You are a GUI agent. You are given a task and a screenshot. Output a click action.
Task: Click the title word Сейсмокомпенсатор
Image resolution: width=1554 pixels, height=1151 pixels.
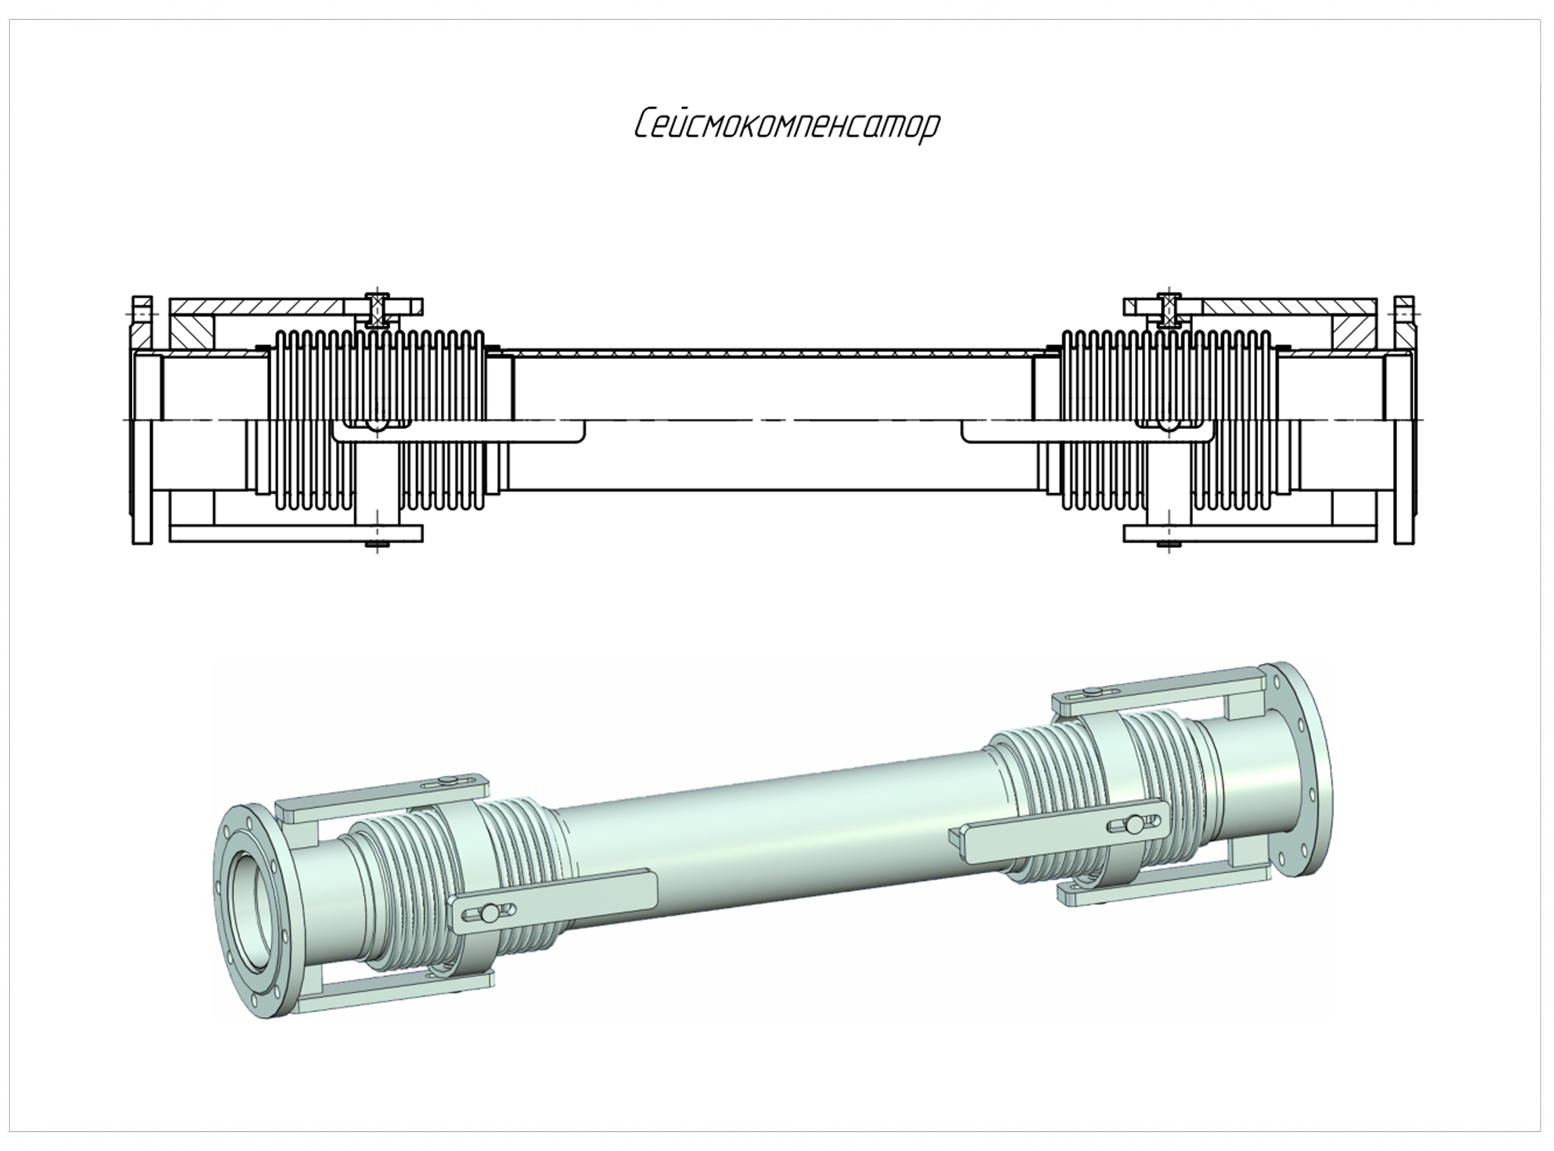point(787,126)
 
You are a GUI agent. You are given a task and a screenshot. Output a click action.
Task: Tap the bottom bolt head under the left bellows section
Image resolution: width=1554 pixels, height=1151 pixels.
point(376,544)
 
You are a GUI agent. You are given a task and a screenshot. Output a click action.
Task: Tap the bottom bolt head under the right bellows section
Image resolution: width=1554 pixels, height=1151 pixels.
point(1169,544)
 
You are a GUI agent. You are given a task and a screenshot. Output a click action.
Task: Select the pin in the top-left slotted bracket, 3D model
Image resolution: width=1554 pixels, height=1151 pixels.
point(448,780)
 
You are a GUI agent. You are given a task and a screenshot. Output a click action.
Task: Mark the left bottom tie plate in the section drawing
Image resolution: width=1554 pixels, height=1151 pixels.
point(296,533)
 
